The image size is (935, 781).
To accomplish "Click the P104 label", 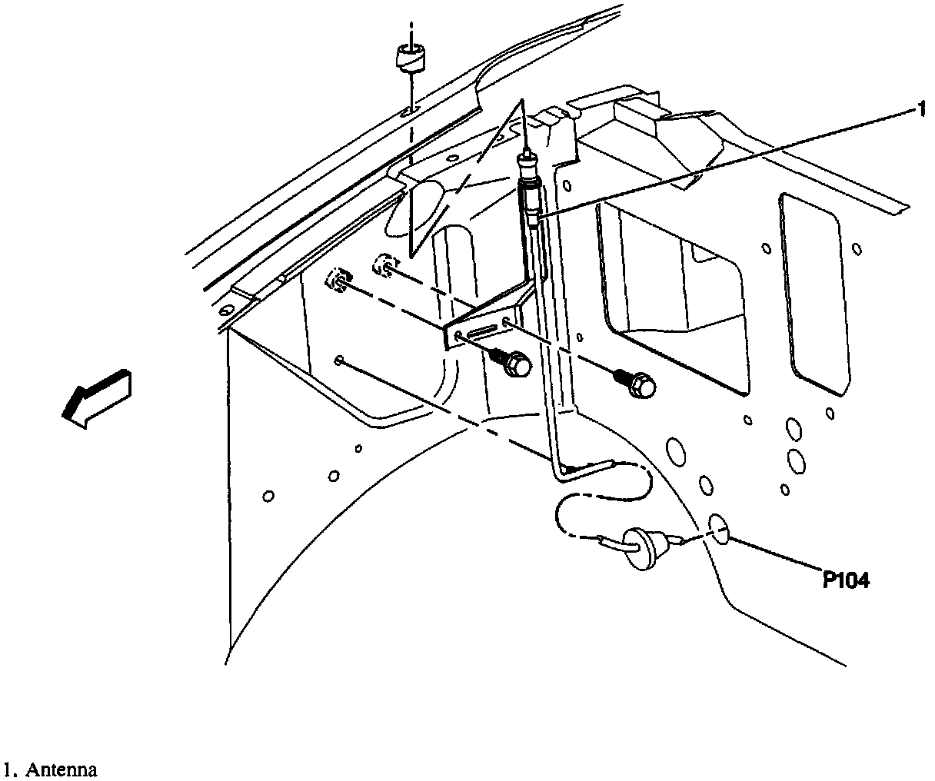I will pyautogui.click(x=846, y=581).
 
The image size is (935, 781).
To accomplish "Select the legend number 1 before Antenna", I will pyautogui.click(x=7, y=769).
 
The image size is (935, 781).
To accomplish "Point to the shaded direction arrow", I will pyautogui.click(x=95, y=397).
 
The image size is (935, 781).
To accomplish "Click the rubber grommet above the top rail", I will pyautogui.click(x=411, y=58).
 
